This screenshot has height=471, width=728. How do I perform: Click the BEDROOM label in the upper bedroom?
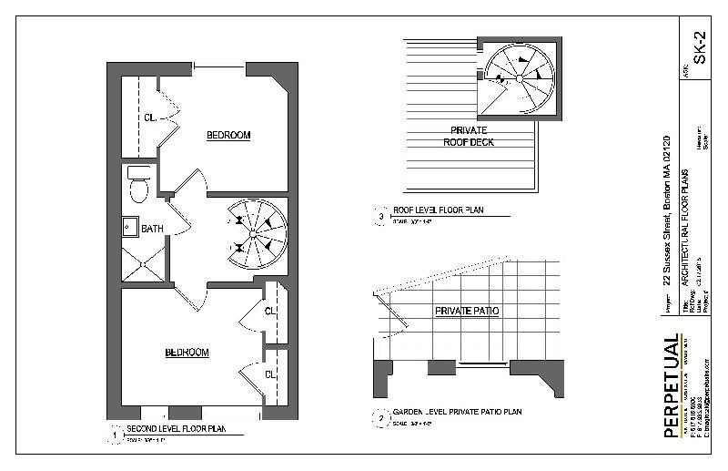(227, 136)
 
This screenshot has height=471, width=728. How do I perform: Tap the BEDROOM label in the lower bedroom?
(187, 353)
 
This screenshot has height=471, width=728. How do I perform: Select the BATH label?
(152, 229)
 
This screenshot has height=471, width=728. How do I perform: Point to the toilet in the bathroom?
(139, 185)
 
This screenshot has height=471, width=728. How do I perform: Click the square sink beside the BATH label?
(130, 228)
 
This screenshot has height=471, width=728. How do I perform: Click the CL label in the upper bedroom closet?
(149, 117)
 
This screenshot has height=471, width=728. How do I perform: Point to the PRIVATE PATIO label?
(467, 311)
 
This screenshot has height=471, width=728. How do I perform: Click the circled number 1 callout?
(115, 435)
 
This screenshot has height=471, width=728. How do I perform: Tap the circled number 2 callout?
(379, 419)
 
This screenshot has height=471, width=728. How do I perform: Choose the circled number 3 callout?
(379, 217)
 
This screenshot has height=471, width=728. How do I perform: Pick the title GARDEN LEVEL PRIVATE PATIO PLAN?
(457, 413)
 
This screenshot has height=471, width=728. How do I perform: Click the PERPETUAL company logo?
(671, 387)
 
